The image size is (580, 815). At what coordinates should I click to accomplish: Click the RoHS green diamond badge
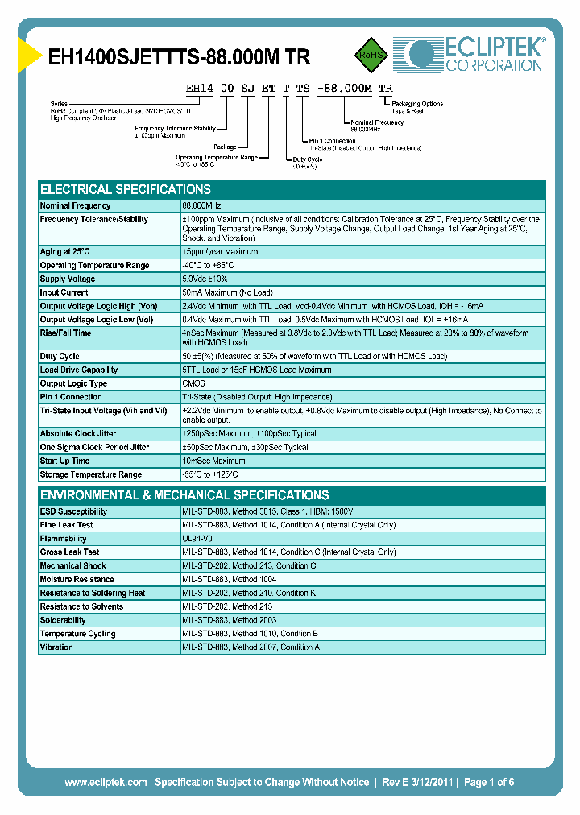pos(371,55)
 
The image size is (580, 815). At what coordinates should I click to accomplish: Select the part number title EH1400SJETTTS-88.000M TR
pos(179,56)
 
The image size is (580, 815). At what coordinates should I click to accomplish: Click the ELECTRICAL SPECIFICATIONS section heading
pos(125,190)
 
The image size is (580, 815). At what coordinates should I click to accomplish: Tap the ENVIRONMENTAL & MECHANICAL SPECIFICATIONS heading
pos(184,495)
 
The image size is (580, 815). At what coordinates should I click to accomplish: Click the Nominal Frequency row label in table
pos(75,206)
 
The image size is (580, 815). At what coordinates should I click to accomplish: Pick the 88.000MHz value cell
pos(202,206)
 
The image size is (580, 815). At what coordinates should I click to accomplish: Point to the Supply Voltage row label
pos(68,279)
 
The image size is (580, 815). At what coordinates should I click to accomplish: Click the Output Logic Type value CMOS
pos(193,383)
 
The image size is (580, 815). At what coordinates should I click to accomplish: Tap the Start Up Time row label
pos(64,461)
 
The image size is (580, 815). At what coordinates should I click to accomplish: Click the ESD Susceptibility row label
pos(73,511)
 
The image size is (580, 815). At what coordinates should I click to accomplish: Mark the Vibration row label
pos(56,647)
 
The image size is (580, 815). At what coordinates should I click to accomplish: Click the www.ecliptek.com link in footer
pos(106,782)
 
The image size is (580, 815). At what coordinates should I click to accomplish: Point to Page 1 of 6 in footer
pos(489,782)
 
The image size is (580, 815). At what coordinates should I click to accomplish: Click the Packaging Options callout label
pos(416,104)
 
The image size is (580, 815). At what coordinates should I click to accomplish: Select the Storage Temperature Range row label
pos(91,474)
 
